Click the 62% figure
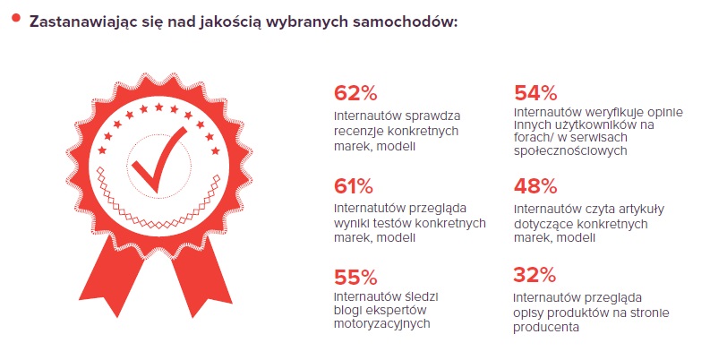(x=355, y=94)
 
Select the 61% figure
(x=353, y=186)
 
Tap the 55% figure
(x=355, y=278)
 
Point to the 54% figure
(x=536, y=93)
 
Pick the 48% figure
(x=535, y=186)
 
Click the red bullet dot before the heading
(x=15, y=16)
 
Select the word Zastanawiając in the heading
(x=76, y=21)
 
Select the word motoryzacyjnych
(x=376, y=324)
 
